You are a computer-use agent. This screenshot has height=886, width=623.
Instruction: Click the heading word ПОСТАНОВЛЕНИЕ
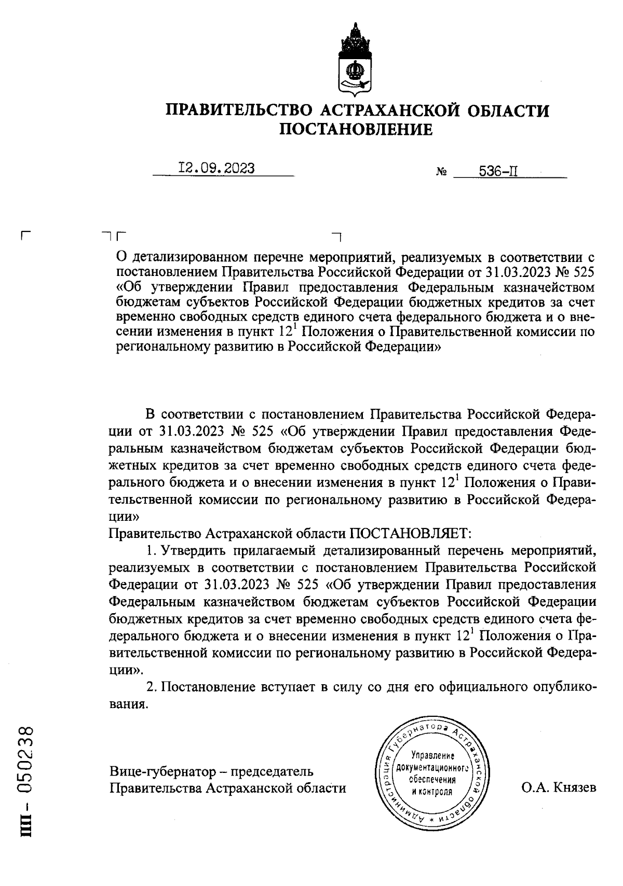(356, 129)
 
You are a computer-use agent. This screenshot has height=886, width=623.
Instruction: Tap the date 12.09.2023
(216, 169)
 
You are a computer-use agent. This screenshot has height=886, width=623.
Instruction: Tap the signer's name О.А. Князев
(559, 787)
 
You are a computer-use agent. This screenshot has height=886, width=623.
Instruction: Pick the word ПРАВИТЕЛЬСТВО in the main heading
(238, 110)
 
